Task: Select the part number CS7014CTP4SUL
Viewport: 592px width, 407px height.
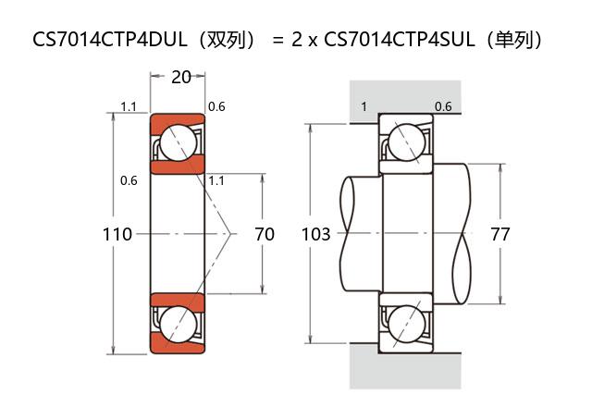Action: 408,40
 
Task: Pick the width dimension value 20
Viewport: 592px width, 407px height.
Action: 181,77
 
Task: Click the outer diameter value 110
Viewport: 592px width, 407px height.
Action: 117,234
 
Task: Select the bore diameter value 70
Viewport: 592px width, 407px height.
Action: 264,234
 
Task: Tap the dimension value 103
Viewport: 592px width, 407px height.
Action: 316,234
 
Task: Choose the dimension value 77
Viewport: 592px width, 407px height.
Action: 500,234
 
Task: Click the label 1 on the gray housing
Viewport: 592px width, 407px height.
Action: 364,106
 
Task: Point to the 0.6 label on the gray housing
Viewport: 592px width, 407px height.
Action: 443,106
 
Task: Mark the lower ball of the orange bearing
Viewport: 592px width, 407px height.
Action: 177,323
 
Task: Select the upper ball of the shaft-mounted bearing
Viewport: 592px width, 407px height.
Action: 406,142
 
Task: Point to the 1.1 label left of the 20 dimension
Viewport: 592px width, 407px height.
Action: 129,106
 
